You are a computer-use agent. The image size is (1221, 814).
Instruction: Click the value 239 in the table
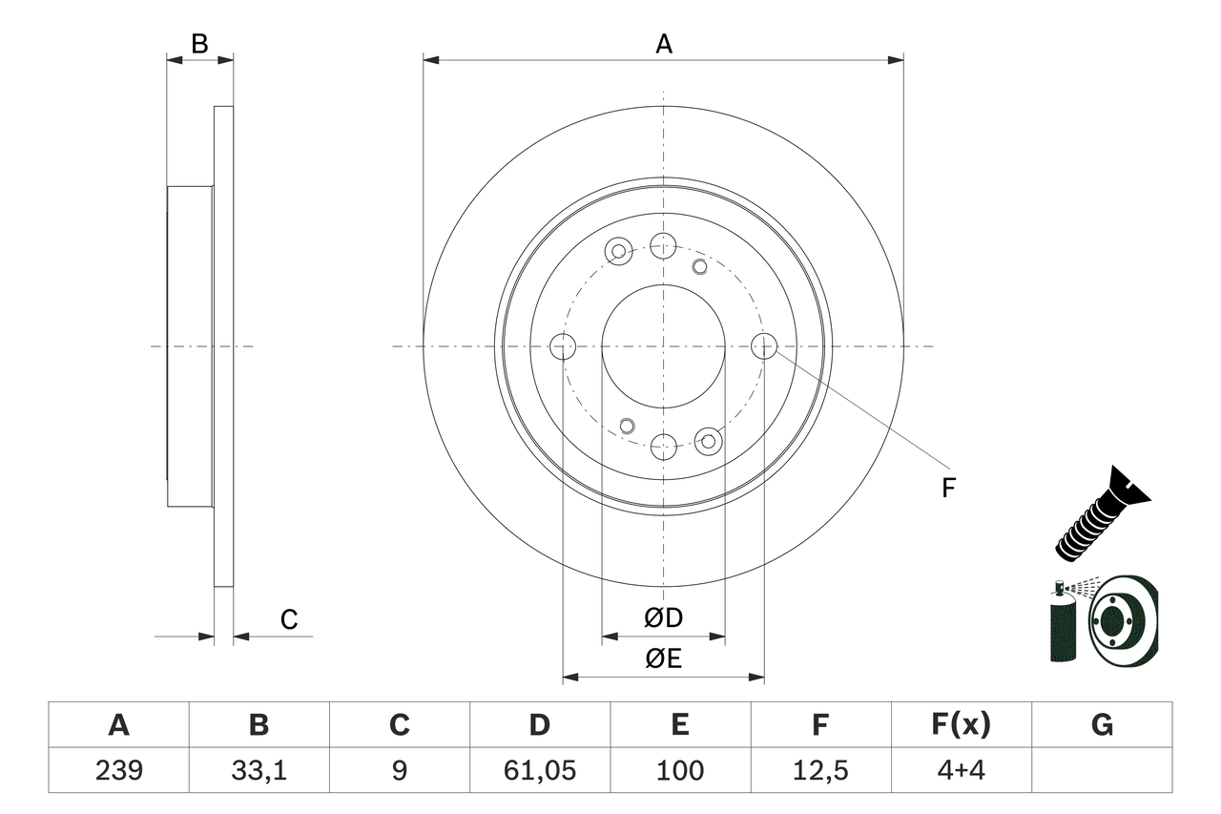(x=118, y=770)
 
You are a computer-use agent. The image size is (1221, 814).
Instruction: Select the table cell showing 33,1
(x=259, y=770)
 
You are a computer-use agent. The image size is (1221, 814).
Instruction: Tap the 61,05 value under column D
(x=539, y=770)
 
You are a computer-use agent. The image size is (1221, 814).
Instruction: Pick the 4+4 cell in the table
(x=961, y=770)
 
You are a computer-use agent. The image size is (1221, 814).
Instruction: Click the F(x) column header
(x=961, y=725)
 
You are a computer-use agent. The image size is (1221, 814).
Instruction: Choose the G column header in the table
(x=1102, y=725)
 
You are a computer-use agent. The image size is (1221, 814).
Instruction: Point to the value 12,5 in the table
(x=819, y=770)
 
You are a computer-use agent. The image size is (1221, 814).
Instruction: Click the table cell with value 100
(x=679, y=770)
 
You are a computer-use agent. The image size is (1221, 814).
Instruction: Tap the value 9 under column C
(x=399, y=770)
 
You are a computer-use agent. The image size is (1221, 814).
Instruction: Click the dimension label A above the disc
(x=663, y=44)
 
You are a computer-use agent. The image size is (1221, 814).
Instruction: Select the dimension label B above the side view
(x=199, y=44)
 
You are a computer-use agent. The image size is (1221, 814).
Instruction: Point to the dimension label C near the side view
(x=289, y=620)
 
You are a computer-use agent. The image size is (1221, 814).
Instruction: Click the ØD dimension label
(x=663, y=618)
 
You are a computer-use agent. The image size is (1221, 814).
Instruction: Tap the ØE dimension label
(x=663, y=659)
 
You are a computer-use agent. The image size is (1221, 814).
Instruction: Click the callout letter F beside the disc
(x=947, y=489)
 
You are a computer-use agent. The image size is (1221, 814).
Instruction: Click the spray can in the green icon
(x=1061, y=625)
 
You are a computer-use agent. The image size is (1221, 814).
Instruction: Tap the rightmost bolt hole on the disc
(x=764, y=346)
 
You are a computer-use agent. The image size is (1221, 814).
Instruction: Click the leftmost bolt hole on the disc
(x=563, y=346)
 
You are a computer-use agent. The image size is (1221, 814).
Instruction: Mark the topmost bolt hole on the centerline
(x=663, y=245)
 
